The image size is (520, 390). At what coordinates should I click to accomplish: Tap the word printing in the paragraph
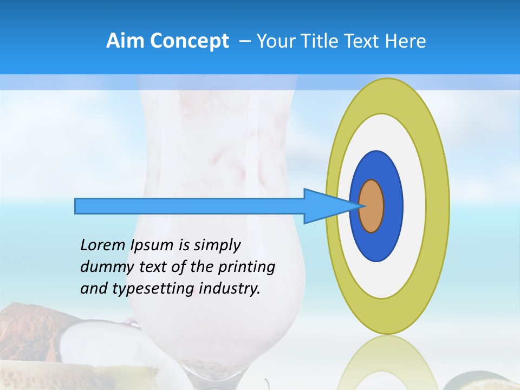tap(246, 267)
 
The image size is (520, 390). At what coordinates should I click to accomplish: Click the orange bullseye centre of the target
tap(372, 206)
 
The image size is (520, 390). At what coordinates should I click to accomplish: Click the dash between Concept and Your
tap(245, 41)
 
